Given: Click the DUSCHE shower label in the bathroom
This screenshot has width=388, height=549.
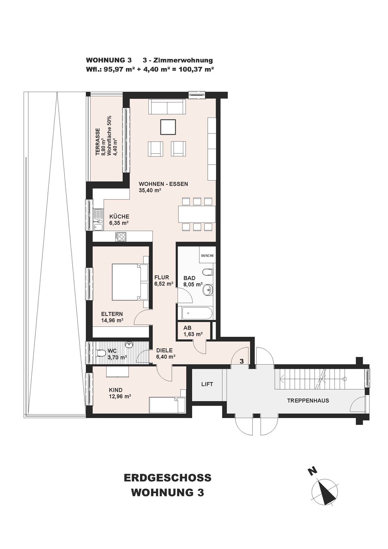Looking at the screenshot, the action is click(x=207, y=256).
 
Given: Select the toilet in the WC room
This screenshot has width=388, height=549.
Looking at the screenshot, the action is click(x=101, y=353).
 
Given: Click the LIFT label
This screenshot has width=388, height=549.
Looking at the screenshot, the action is click(x=207, y=384).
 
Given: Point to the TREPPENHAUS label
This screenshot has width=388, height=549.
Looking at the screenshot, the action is click(x=308, y=400).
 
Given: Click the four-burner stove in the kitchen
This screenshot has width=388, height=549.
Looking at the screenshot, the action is click(x=121, y=237).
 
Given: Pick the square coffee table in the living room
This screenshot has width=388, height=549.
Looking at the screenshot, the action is click(x=168, y=127).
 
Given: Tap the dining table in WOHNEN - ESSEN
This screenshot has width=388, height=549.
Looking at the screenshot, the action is click(x=197, y=214).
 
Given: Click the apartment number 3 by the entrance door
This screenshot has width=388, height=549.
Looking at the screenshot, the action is click(x=241, y=361).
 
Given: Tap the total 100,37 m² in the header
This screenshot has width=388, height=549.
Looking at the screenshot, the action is click(x=196, y=69).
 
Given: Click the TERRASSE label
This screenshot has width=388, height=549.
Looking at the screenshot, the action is click(x=98, y=142).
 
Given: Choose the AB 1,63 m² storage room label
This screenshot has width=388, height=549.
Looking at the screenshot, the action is click(x=193, y=331).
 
